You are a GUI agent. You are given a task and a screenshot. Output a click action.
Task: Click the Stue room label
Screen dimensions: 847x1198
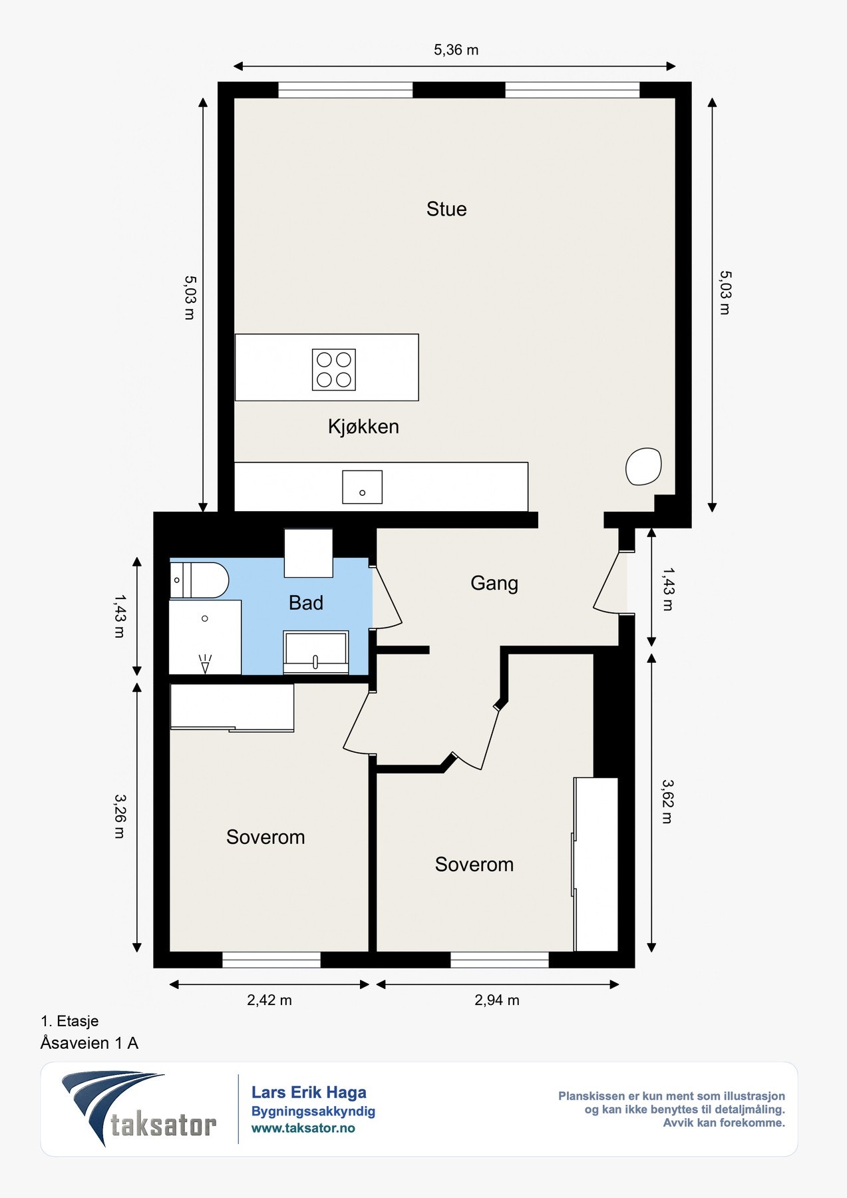pos(446,209)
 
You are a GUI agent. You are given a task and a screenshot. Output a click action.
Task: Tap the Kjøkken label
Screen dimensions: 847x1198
pos(363,427)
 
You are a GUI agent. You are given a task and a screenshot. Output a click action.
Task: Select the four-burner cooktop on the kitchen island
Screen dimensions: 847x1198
pos(334,369)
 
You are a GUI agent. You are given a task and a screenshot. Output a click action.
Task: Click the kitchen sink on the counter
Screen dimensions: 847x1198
pos(363,487)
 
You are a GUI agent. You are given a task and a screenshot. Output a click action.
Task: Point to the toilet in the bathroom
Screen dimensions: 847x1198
pos(199,580)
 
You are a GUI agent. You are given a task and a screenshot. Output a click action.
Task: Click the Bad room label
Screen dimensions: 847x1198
pos(306,603)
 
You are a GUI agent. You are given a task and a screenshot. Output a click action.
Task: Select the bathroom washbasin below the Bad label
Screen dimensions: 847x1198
pos(316,652)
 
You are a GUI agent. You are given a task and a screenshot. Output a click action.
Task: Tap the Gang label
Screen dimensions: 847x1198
pos(494,583)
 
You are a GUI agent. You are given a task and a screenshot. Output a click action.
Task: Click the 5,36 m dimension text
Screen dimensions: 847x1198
pos(456,50)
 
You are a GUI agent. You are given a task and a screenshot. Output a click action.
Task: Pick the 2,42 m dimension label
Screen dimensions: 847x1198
pos(269,1000)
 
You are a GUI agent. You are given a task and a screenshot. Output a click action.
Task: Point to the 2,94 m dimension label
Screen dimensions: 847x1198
pos(497,1000)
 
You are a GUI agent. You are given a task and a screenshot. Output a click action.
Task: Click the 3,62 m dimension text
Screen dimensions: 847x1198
pos(667,801)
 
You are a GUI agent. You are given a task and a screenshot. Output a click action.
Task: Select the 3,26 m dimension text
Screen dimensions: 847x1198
pos(119,816)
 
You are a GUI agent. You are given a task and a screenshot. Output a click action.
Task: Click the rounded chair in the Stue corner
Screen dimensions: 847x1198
pos(643,466)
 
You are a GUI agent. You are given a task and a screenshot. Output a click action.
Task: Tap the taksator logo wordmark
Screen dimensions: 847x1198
pos(164,1125)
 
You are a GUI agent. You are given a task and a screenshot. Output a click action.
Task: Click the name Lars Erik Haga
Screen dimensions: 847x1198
pos(309,1092)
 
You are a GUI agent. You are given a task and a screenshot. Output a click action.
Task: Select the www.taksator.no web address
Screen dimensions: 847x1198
pos(303,1128)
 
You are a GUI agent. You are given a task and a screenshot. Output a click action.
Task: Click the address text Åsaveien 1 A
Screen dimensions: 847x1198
pos(90,1043)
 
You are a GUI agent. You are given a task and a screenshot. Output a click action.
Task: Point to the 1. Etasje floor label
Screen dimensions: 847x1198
pos(70,1021)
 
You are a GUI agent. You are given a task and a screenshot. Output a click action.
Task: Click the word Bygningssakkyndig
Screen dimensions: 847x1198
pos(313,1111)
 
